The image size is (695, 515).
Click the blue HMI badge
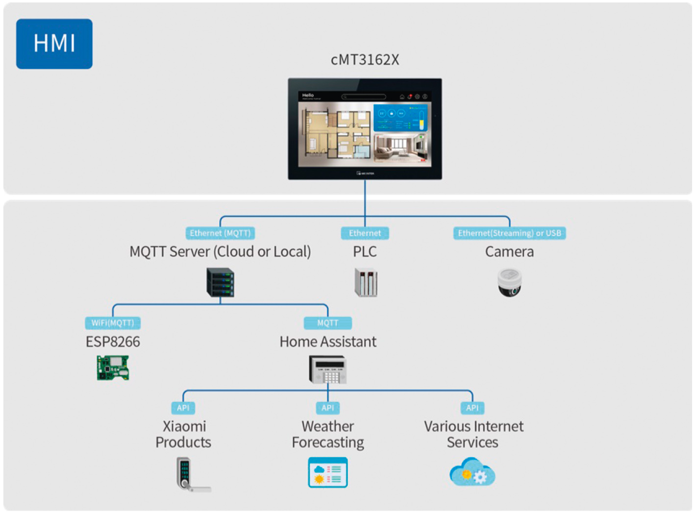tap(54, 44)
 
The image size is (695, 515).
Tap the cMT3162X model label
tap(365, 60)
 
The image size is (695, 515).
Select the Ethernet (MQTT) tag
tap(220, 233)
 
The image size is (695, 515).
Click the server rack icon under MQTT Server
tap(220, 282)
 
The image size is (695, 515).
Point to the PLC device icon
tap(366, 282)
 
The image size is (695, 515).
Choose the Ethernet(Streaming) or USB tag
tap(509, 233)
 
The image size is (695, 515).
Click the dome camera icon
tap(509, 282)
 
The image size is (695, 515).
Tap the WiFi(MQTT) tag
tap(113, 323)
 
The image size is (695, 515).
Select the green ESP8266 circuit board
tap(113, 368)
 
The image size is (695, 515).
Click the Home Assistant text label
tap(328, 342)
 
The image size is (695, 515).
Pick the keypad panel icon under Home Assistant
tap(328, 369)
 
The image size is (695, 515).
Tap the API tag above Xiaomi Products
tap(183, 408)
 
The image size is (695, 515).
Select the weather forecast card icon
tap(328, 472)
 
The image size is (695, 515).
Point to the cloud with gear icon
tap(472, 472)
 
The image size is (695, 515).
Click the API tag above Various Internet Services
tap(472, 408)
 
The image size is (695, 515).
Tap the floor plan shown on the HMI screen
tap(336, 133)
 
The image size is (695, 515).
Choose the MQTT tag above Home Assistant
tap(328, 323)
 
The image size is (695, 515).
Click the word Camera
tap(509, 252)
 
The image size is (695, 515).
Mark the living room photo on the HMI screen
tap(400, 148)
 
